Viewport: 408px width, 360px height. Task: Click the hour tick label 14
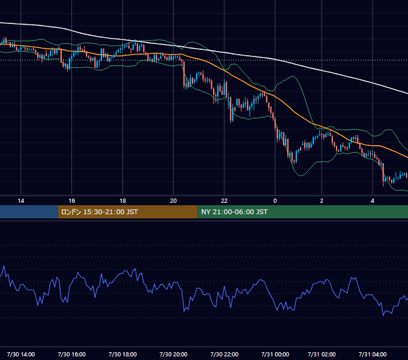[x=21, y=201]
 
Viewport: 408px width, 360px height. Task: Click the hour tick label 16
[x=72, y=201]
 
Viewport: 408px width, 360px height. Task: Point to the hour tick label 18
[x=122, y=201]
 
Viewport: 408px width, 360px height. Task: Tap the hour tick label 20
[x=173, y=201]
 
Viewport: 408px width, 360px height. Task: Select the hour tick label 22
[x=224, y=201]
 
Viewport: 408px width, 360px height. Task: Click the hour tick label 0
[x=275, y=201]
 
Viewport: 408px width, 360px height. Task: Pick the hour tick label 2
[x=322, y=201]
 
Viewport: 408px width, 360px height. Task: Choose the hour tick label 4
[x=373, y=201]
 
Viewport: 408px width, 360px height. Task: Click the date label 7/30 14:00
[x=21, y=354]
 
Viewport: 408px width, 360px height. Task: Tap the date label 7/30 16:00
[x=72, y=354]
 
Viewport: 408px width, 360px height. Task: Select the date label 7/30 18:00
[x=122, y=354]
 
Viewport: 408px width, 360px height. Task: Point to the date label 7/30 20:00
[x=173, y=354]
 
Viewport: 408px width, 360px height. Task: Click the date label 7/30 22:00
[x=224, y=354]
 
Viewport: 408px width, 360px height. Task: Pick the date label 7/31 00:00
[x=275, y=354]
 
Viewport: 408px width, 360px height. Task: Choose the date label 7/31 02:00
[x=322, y=354]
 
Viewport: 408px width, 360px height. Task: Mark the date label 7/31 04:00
[x=373, y=354]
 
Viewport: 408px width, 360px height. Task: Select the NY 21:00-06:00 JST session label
[x=234, y=212]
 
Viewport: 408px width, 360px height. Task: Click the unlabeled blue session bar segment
[x=29, y=212]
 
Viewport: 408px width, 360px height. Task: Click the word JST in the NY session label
[x=262, y=212]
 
